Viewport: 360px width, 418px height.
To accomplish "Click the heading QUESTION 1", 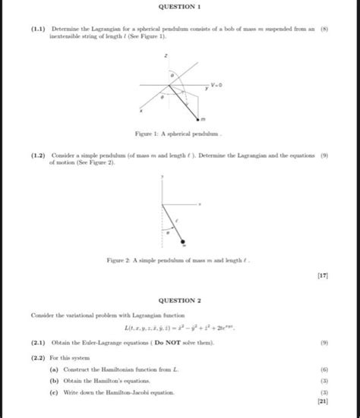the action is (180, 7).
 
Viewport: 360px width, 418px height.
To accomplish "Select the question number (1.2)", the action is (38, 154).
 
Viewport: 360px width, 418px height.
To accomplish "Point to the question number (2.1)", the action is (38, 343).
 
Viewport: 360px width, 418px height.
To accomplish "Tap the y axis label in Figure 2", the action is (161, 176).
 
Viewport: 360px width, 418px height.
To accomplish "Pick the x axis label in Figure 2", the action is (200, 204).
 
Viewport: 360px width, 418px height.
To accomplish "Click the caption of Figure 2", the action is (180, 262).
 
